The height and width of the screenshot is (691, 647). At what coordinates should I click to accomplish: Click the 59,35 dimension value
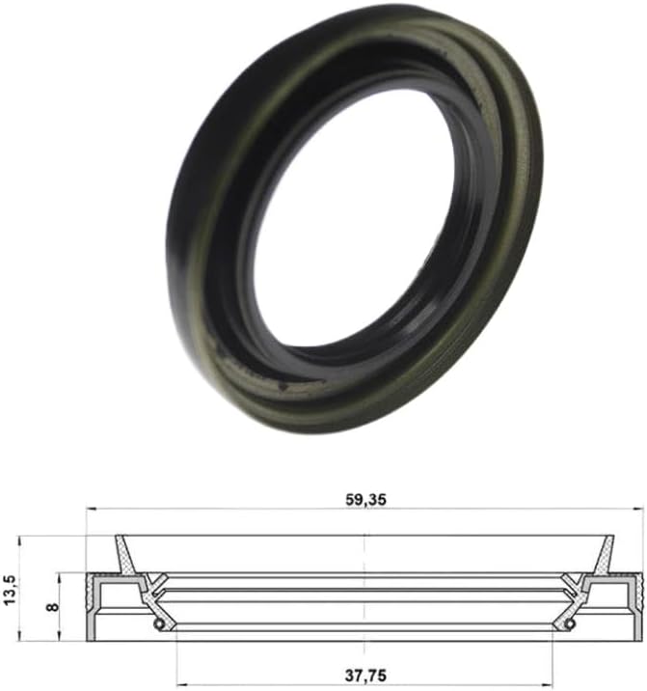click(364, 500)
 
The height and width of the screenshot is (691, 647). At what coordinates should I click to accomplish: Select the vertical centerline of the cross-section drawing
click(364, 589)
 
